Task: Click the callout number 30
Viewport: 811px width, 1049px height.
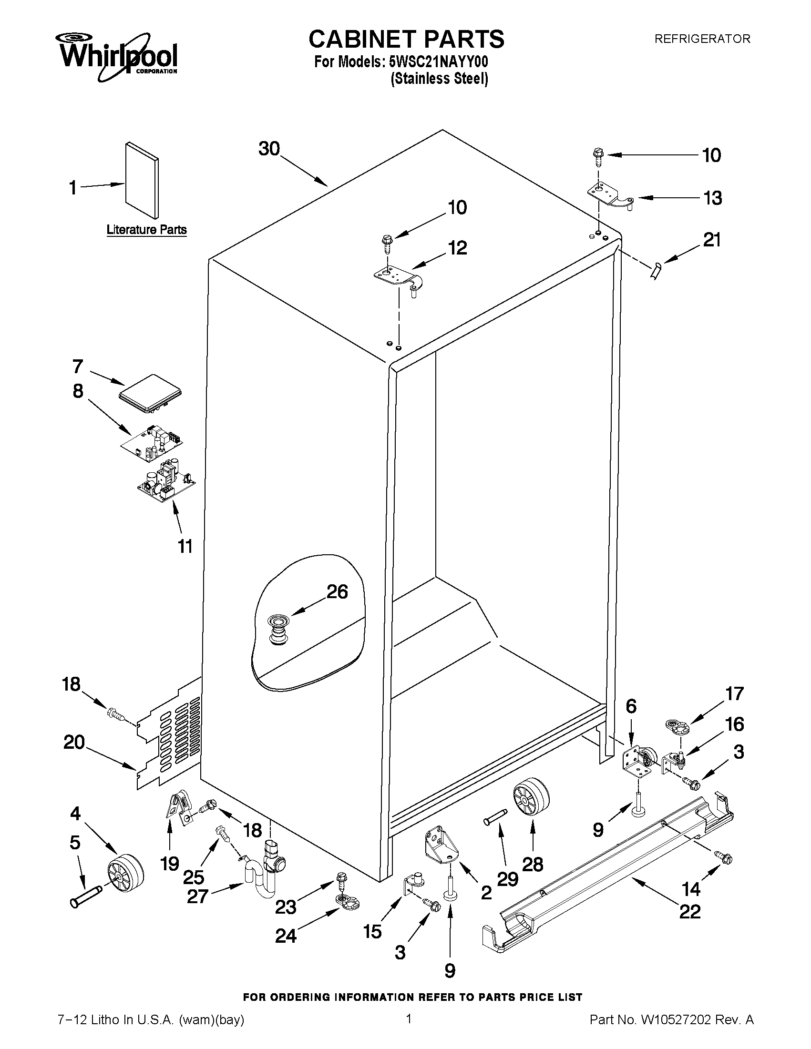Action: coord(269,149)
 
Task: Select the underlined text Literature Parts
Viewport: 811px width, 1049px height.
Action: coord(146,230)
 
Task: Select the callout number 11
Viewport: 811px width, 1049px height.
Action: coord(185,546)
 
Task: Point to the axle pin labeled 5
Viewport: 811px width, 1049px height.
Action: coord(86,897)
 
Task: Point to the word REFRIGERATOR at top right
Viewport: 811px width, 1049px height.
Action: coord(702,39)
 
